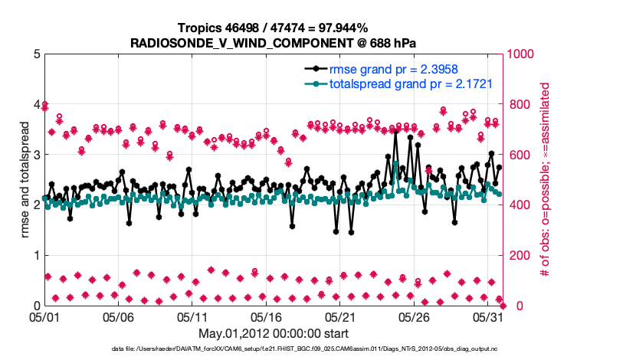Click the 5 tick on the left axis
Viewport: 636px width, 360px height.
(x=36, y=54)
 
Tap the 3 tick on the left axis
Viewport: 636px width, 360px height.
(x=36, y=155)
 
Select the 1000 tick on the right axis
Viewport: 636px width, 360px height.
(x=520, y=54)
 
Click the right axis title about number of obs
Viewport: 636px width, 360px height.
(x=546, y=179)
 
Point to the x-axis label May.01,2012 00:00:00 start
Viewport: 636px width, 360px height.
(x=274, y=333)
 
